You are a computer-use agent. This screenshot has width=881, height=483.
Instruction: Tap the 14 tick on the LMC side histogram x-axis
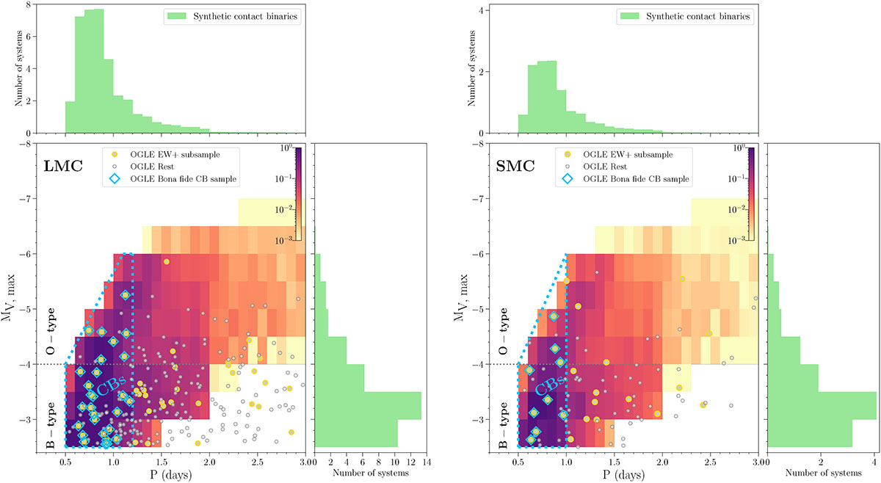coord(427,461)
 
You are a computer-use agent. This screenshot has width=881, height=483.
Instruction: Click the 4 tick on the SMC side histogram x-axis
coord(874,461)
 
